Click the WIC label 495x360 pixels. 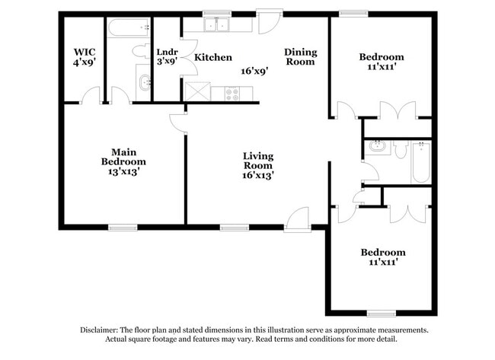[84, 52]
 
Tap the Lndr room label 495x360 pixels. [167, 53]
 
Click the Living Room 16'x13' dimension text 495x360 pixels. [257, 175]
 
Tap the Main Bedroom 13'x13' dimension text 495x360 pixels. [123, 172]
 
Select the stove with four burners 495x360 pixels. [228, 94]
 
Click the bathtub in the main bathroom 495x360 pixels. [128, 29]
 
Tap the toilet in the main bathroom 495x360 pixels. [142, 51]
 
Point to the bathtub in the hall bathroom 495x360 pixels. [421, 162]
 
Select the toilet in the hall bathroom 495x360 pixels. [401, 148]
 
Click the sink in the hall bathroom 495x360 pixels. [375, 148]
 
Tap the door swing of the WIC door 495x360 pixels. [92, 95]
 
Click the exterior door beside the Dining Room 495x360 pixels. [268, 23]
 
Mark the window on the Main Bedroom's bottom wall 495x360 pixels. [123, 227]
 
